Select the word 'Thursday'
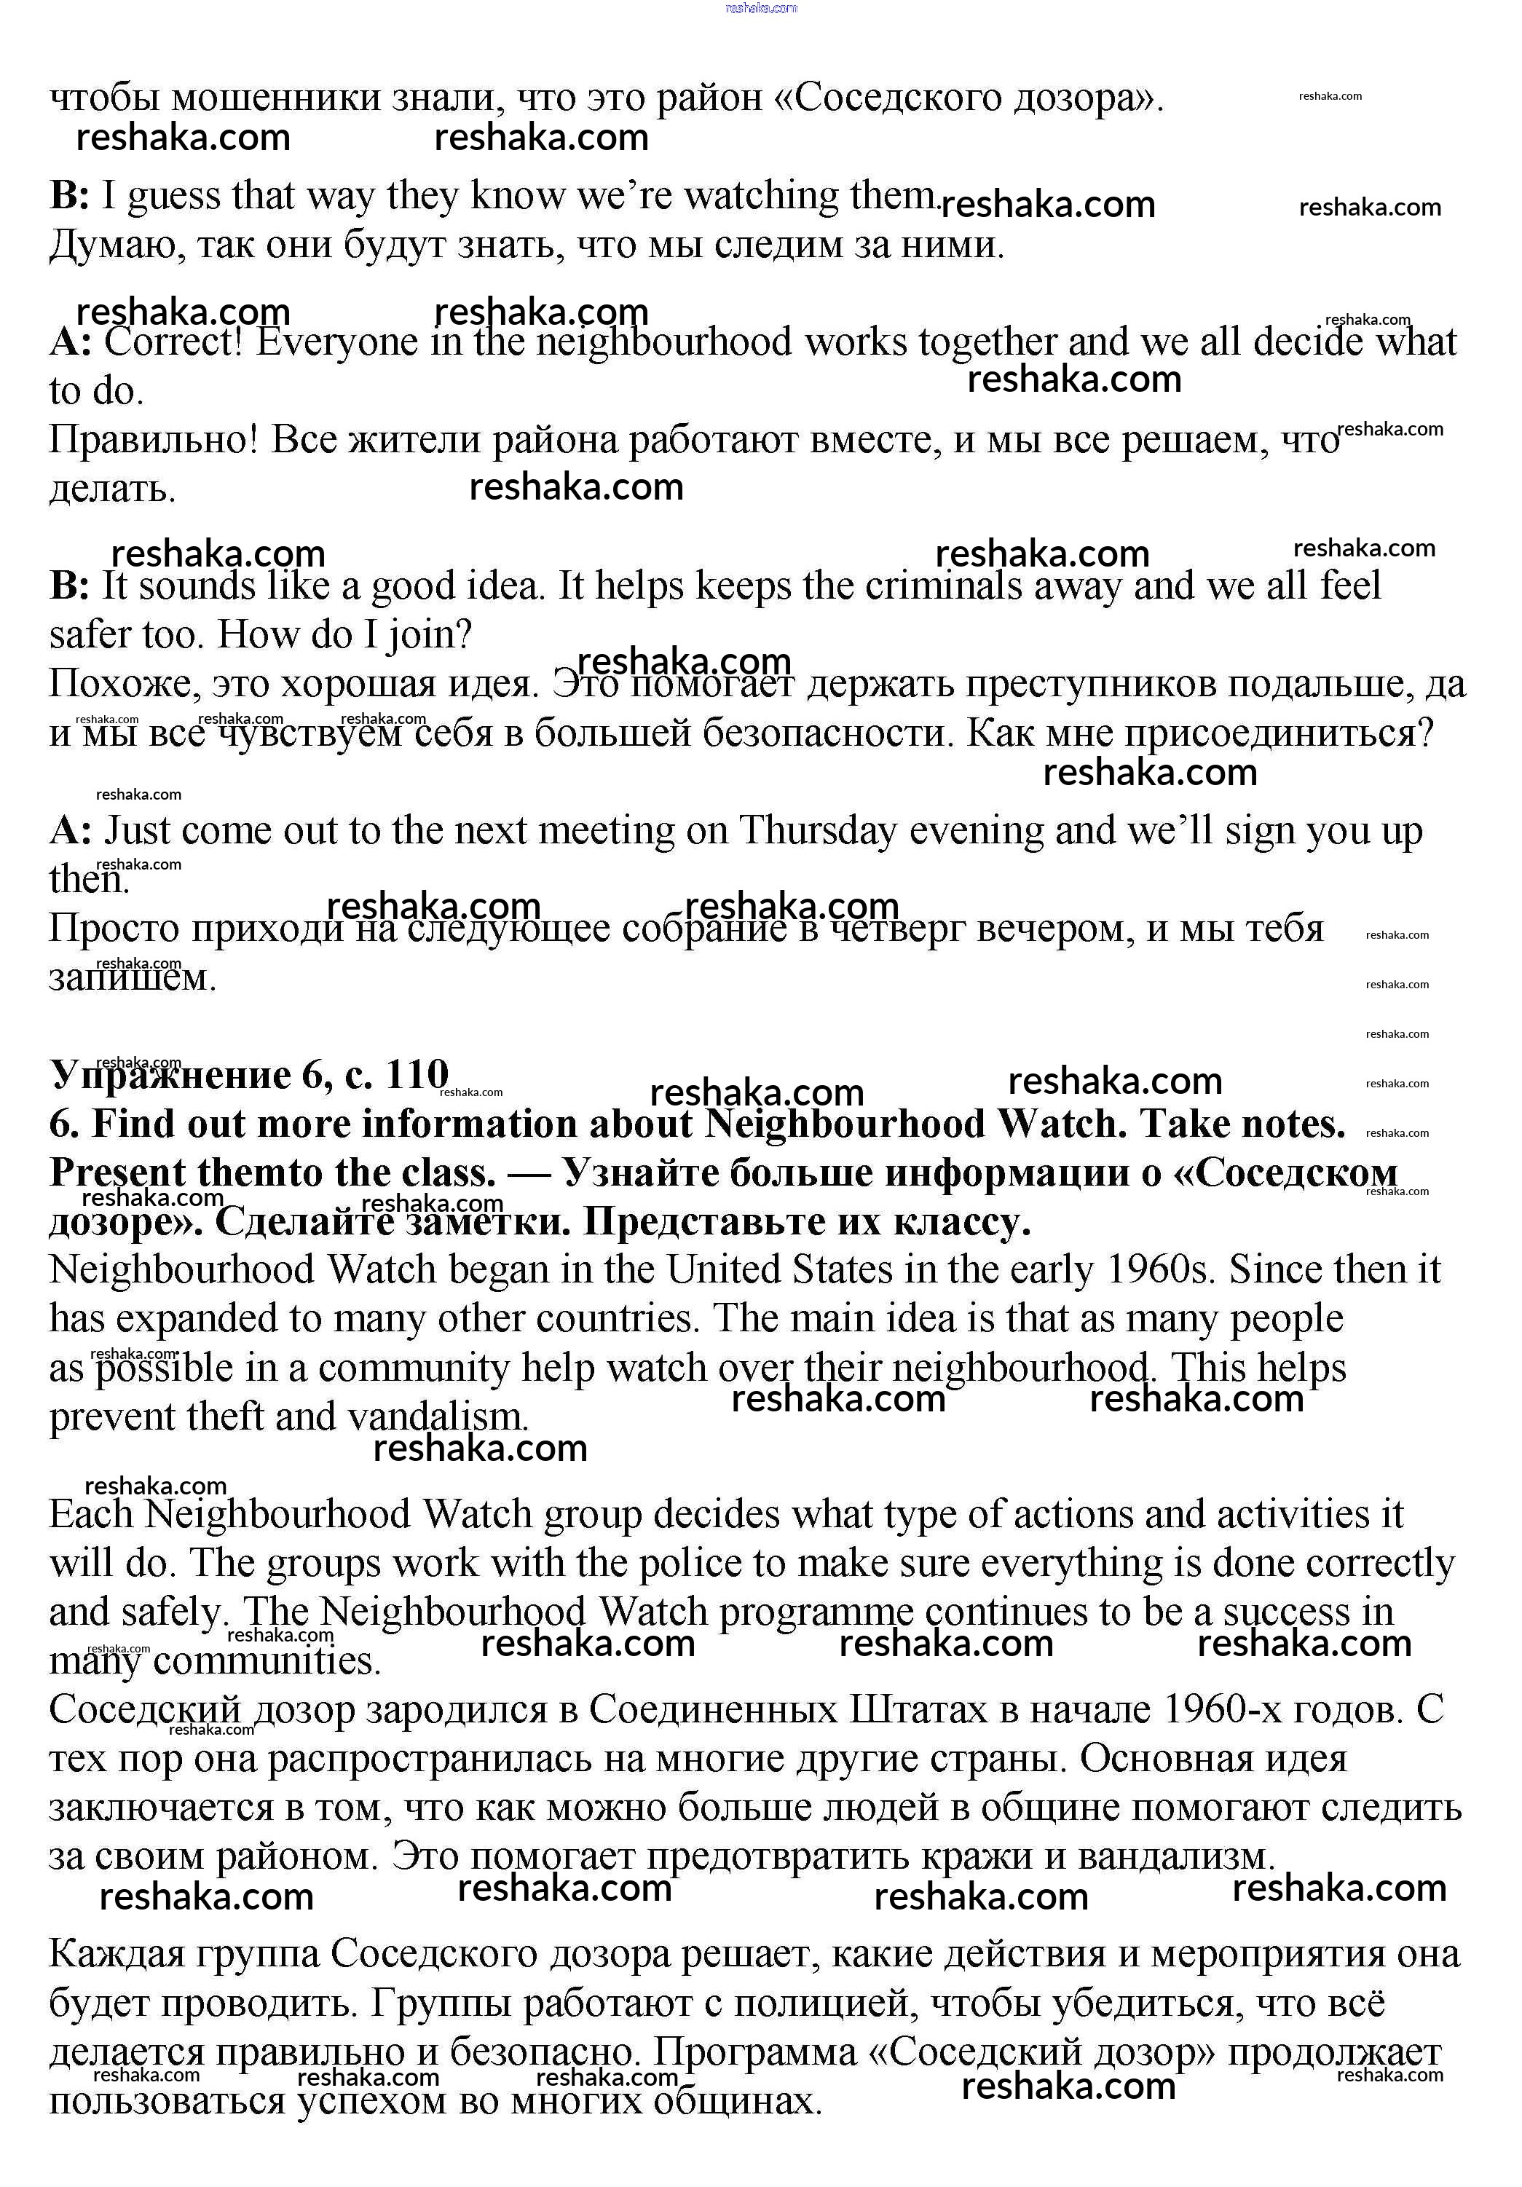coord(817,831)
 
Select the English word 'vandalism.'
coord(437,1417)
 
